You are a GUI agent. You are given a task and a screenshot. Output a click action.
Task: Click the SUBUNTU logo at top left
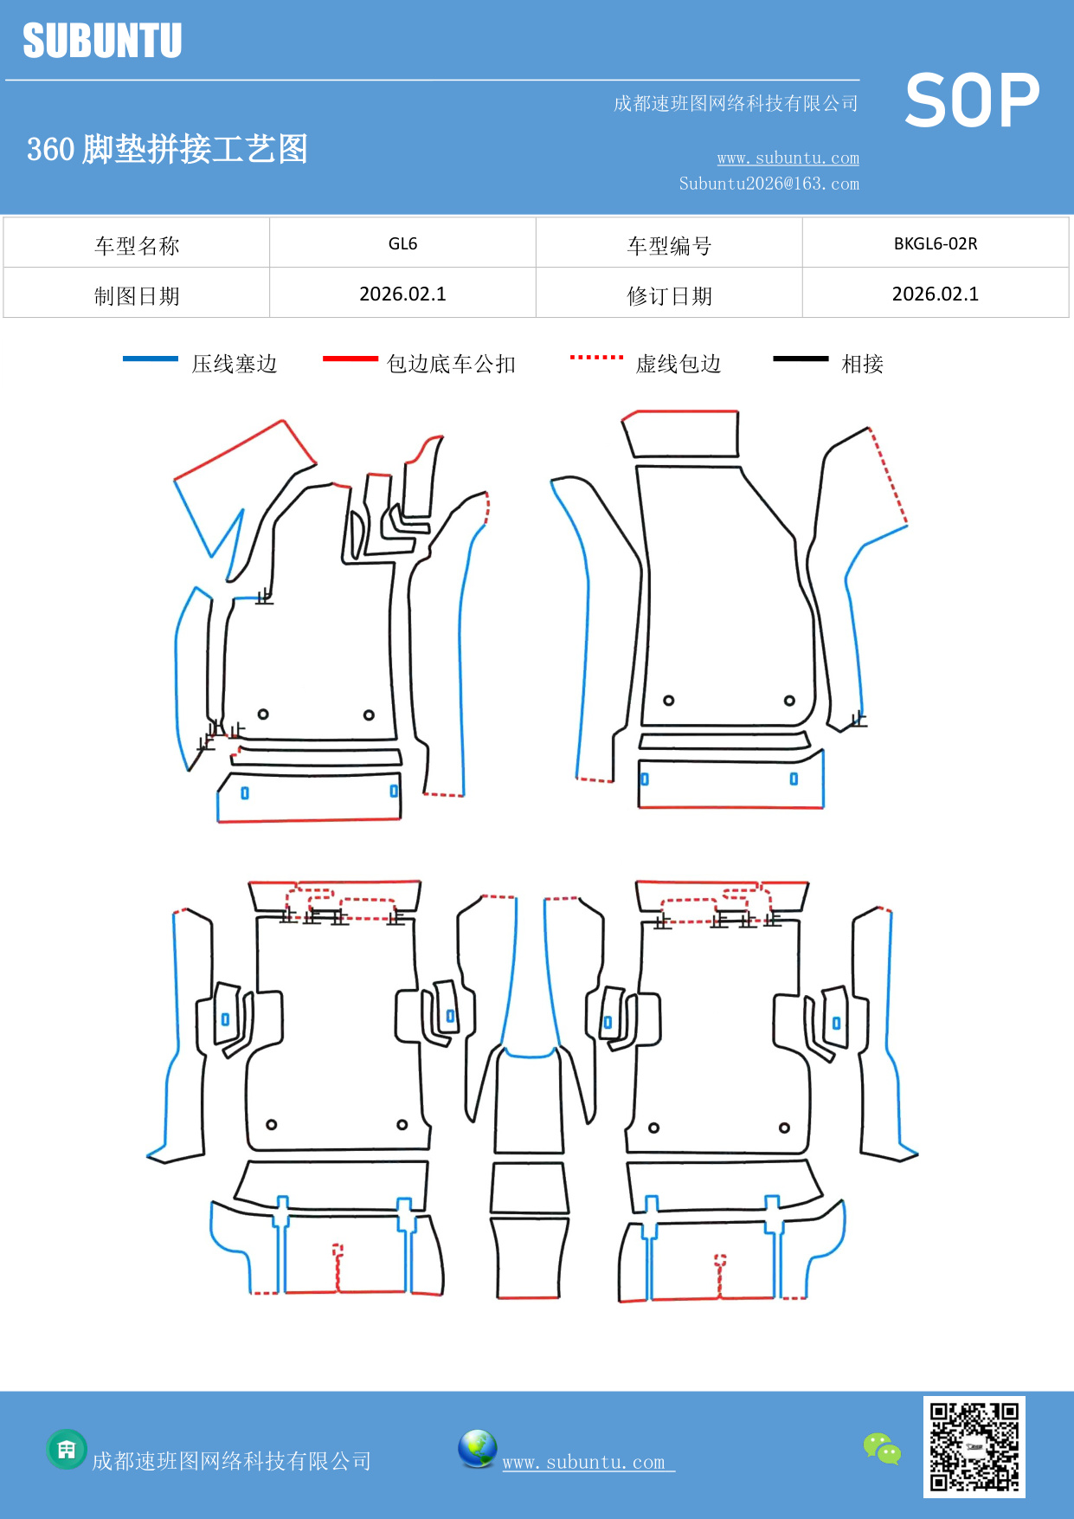click(102, 41)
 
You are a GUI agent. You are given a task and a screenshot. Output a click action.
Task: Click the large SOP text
click(971, 101)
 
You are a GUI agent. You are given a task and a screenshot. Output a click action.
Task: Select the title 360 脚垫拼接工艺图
click(167, 149)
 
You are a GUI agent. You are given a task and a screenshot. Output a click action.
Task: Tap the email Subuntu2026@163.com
click(769, 184)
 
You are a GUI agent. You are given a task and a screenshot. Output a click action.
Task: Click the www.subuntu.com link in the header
click(788, 158)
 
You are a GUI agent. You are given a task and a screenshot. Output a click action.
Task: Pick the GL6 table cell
click(402, 243)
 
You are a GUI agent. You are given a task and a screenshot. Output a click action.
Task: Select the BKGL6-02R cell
click(935, 243)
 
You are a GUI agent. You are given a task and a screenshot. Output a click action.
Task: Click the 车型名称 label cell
click(137, 246)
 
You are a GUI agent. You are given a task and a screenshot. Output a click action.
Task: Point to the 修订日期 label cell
click(669, 296)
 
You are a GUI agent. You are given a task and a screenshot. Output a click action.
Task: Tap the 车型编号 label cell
click(669, 246)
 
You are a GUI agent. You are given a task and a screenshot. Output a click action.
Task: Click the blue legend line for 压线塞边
click(151, 359)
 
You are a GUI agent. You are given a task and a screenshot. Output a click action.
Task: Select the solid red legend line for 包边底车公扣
click(350, 359)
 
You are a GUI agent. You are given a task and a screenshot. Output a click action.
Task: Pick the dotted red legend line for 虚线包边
click(596, 357)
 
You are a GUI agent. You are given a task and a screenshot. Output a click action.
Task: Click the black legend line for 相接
click(801, 359)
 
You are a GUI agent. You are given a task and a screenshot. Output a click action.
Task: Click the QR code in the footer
click(974, 1447)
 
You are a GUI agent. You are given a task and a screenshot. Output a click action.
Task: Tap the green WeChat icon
click(882, 1448)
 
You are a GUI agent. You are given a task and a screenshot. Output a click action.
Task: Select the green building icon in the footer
click(67, 1449)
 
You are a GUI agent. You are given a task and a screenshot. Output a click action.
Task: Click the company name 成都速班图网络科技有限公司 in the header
click(736, 104)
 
